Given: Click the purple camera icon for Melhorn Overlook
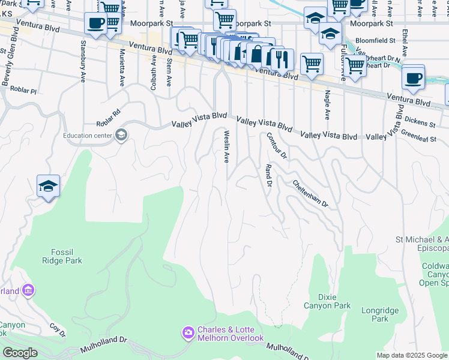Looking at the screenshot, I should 188,332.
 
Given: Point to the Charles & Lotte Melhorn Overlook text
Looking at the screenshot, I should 231,334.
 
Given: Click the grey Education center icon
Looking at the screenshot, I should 121,134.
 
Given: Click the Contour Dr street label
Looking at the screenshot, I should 277,146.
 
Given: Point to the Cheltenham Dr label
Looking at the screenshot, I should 310,193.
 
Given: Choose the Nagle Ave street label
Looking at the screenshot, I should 327,104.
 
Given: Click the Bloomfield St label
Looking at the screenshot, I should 376,41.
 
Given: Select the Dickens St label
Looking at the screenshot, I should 420,122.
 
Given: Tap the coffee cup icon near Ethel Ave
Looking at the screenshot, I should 413,79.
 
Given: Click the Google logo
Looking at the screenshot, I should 20,353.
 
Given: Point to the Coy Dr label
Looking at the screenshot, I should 57,329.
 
